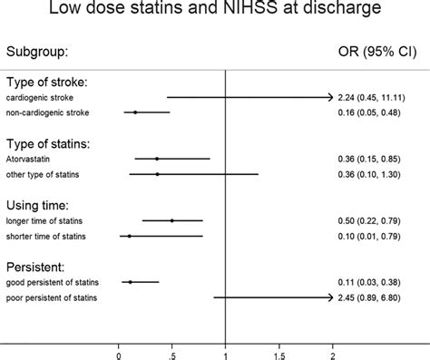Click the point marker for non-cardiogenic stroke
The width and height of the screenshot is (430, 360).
pos(135,112)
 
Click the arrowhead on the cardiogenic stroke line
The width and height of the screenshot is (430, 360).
pos(330,97)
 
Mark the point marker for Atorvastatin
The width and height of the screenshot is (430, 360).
pos(157,159)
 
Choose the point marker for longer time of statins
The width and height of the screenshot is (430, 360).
pos(171,220)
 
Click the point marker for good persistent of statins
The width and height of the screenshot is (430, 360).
pos(131,282)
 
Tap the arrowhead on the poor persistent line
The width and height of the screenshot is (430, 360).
pos(330,297)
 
